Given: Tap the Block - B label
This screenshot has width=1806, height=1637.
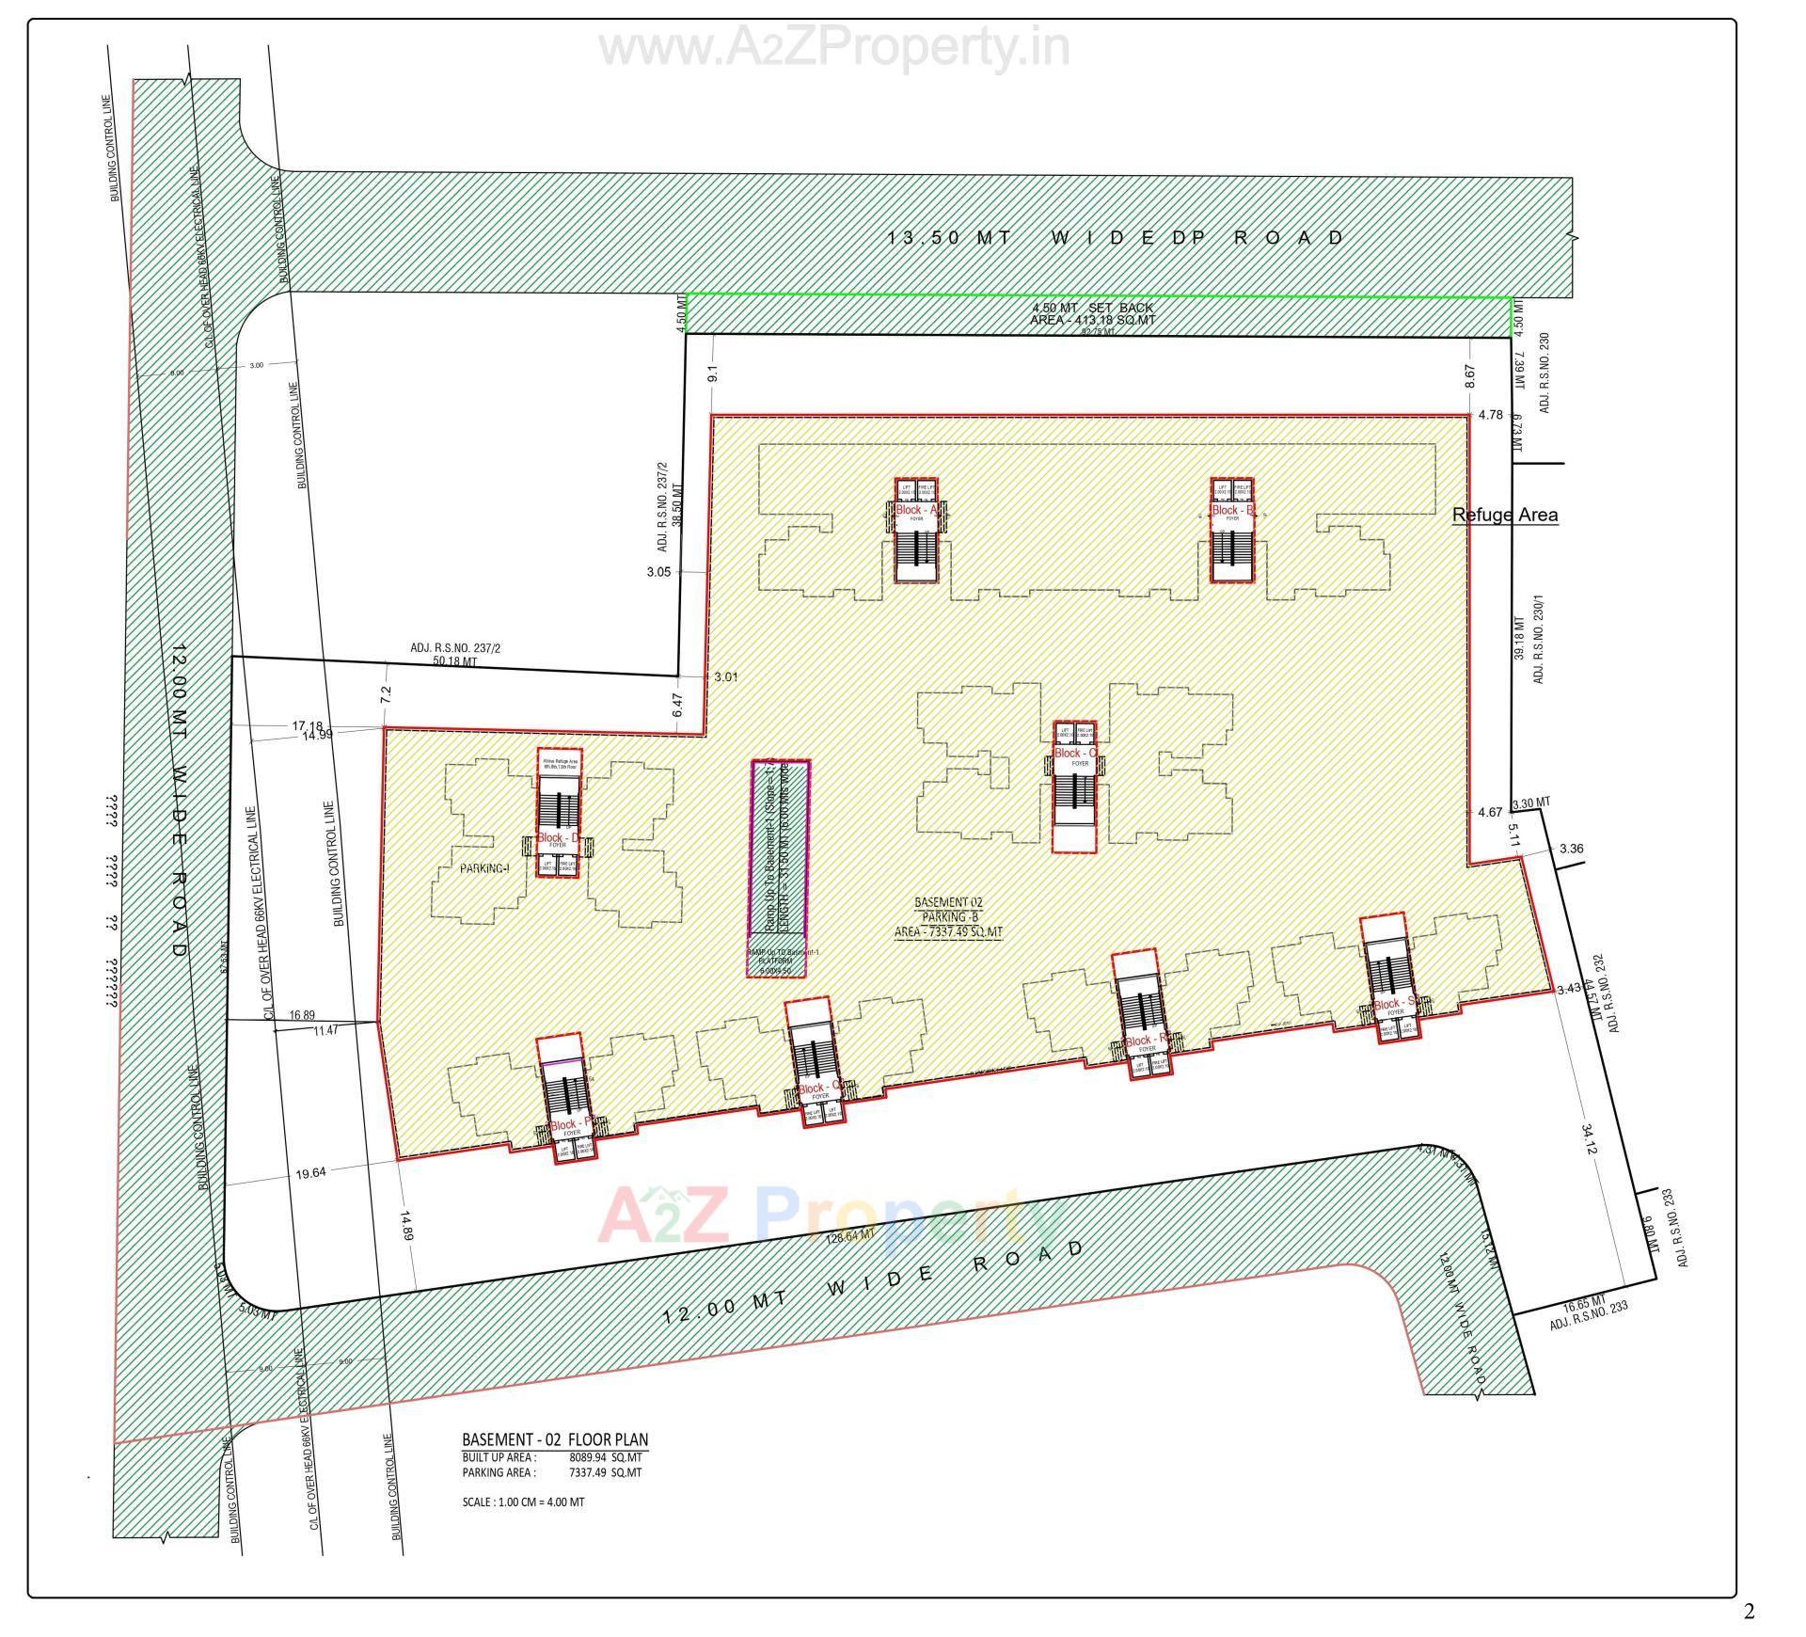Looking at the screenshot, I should coord(1232,510).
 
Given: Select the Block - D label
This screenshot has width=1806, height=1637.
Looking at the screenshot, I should coord(558,836).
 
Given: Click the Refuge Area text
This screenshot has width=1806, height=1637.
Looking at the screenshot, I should coord(1505,515).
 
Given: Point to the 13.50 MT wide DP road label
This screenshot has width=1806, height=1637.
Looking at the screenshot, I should coord(1117,238).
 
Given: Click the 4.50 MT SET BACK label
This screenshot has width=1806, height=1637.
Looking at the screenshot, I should coord(1092,308).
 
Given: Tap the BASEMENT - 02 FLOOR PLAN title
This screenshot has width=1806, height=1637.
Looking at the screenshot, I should coord(555,1439).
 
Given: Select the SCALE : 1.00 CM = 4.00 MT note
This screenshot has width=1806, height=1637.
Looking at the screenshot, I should coord(523,1502).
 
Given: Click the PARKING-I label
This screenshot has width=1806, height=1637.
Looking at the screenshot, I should coord(484,868).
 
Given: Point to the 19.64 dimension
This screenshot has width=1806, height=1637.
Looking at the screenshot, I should coord(310,1173).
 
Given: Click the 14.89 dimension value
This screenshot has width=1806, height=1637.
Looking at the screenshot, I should coord(405,1227).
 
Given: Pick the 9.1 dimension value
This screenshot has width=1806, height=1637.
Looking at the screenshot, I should coord(712,373).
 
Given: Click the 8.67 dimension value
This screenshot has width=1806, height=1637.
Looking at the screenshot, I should coord(1470,376).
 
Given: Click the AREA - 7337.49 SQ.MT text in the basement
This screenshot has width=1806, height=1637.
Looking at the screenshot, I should coord(948,932).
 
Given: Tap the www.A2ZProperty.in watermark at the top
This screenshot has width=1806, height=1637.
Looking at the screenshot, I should coord(834,47).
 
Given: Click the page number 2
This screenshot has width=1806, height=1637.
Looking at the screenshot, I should coord(1749,1612).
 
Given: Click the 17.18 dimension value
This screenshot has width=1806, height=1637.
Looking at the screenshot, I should coord(307,725).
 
